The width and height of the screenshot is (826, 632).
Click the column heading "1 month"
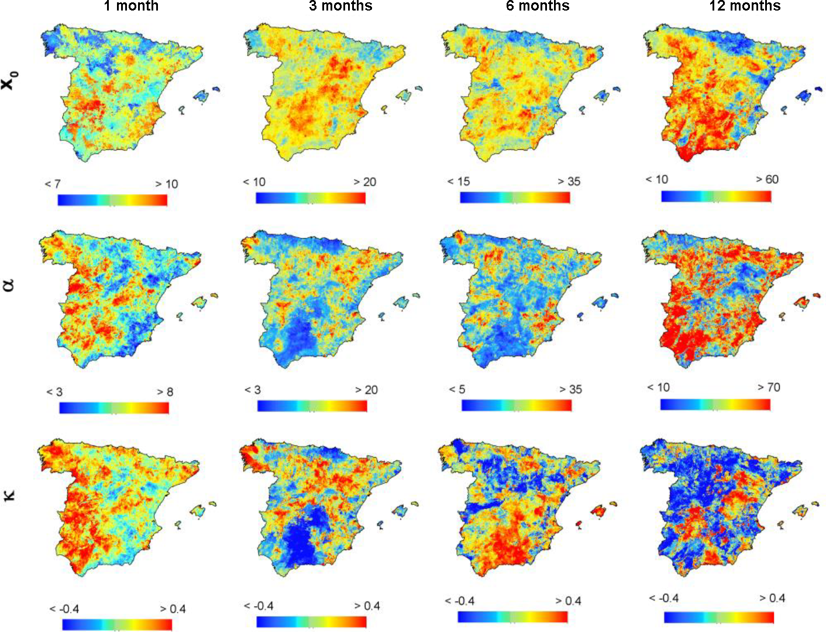131,6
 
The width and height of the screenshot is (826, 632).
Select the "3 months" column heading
340,6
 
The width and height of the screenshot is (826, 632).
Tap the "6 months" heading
538,6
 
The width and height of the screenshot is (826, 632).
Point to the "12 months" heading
745,6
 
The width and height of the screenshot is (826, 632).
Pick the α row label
9,285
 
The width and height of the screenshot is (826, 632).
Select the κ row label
9,495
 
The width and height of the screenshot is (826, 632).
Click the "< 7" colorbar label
53,184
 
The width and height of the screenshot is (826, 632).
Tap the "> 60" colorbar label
767,179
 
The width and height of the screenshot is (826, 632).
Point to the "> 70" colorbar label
769,387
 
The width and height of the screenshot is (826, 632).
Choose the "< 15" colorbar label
459,181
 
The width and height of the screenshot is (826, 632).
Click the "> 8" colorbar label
165,391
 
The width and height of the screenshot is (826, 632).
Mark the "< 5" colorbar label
457,389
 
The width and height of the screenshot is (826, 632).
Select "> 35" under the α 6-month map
570,389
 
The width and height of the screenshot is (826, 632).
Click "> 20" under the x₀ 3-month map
364,181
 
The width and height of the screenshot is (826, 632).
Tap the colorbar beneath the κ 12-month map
719,617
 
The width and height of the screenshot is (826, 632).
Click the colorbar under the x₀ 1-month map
112,200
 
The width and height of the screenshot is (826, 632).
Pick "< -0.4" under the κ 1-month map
64,609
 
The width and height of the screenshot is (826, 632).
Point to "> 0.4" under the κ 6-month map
568,600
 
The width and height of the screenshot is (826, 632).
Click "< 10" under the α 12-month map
659,387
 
